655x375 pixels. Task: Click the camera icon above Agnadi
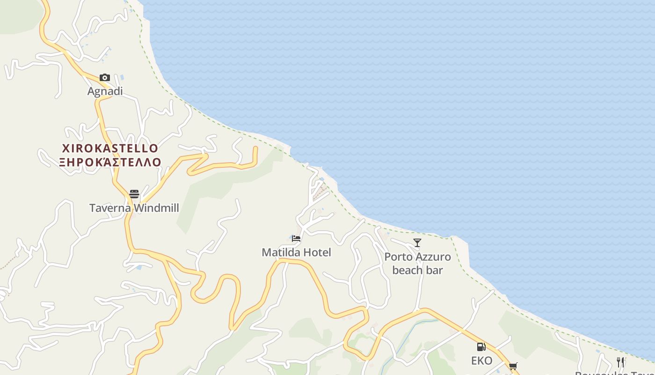point(105,77)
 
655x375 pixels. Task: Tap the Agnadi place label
point(105,91)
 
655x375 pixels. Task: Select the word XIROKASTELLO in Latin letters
point(110,149)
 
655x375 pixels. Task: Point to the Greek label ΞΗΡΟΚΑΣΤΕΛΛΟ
point(110,162)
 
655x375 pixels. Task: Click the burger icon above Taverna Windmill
point(134,194)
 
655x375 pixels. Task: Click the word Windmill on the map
point(156,208)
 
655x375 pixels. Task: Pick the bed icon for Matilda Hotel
point(296,239)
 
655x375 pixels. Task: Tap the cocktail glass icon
point(417,243)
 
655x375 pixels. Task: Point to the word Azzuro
point(435,257)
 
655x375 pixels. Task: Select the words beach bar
point(417,270)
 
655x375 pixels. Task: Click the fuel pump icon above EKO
point(481,347)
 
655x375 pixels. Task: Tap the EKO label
point(481,360)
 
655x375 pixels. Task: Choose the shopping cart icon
point(513,366)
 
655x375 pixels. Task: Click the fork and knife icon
point(620,362)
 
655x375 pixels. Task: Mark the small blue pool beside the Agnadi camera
point(122,76)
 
